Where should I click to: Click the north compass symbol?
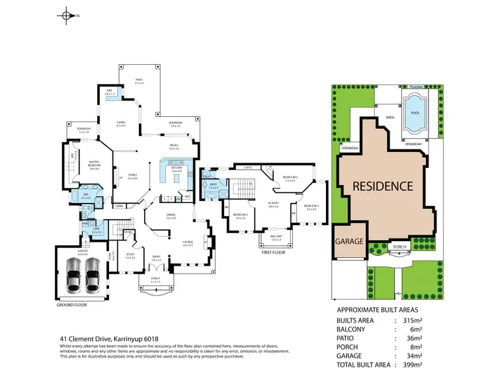(66, 14)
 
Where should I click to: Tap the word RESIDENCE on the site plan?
(383, 186)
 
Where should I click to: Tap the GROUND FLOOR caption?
(73, 305)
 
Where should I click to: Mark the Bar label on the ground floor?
(109, 91)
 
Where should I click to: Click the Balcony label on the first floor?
(276, 237)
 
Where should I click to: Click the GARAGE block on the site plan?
(349, 241)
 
